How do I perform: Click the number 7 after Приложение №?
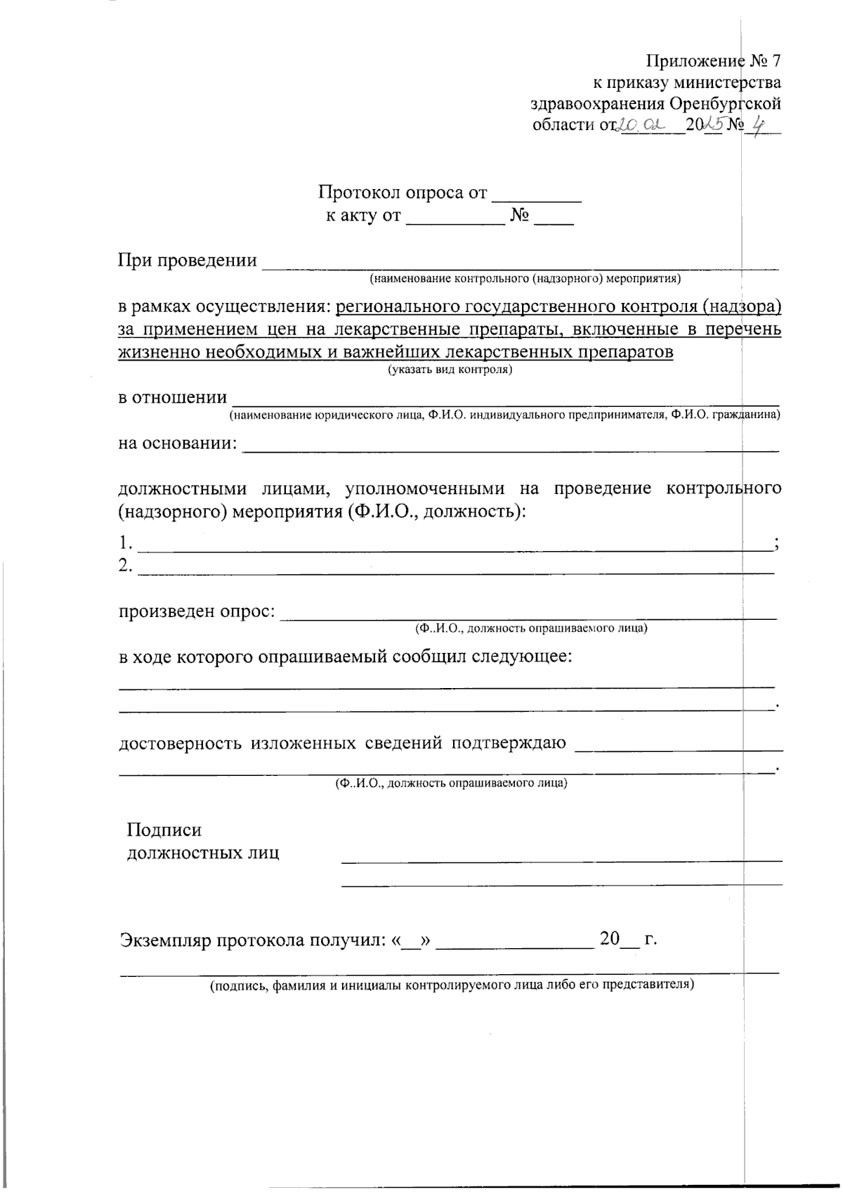(775, 60)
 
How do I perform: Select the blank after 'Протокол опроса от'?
(537, 195)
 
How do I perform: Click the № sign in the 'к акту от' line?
(519, 215)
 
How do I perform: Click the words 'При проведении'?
(187, 260)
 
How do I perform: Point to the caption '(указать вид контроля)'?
(450, 369)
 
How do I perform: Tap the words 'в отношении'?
(172, 397)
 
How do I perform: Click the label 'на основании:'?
(178, 443)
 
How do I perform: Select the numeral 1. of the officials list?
(125, 543)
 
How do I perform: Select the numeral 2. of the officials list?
(125, 565)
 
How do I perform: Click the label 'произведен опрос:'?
(197, 611)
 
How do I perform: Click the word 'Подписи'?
(164, 830)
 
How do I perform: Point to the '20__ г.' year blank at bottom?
(627, 939)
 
